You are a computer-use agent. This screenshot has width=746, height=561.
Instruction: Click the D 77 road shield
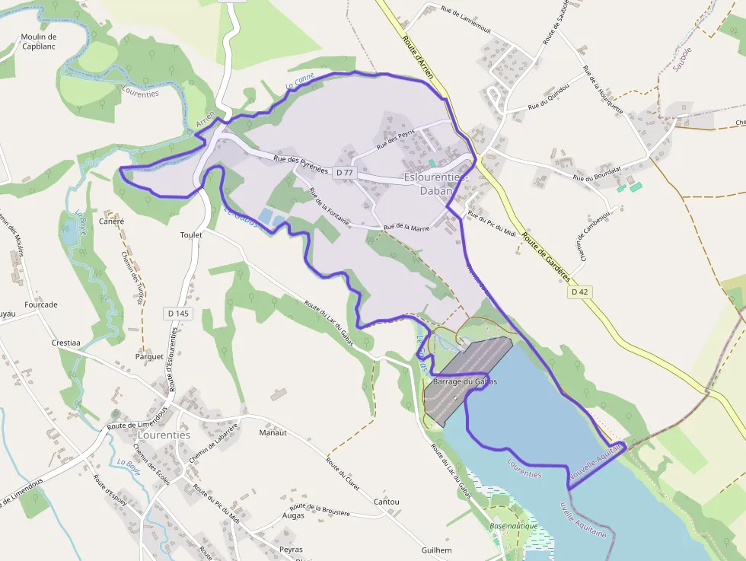(345, 173)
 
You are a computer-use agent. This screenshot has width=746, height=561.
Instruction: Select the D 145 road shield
(178, 313)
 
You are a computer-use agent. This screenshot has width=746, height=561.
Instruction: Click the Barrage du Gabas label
(464, 381)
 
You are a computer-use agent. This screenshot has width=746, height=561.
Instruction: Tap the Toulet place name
(191, 235)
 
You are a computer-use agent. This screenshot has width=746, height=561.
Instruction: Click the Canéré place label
(111, 222)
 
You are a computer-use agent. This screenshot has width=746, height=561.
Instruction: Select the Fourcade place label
(41, 304)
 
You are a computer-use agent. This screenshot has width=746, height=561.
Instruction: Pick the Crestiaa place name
(66, 343)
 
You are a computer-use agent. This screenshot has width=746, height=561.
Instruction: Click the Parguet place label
(149, 356)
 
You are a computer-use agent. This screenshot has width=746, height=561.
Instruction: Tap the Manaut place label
(273, 432)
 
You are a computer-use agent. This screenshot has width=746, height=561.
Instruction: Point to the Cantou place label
(387, 502)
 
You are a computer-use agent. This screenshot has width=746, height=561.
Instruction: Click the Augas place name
(293, 515)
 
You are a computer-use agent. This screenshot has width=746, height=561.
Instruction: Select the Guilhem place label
(436, 550)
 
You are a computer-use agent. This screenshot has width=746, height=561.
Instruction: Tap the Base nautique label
(514, 526)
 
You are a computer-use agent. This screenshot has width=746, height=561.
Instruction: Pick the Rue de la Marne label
(406, 227)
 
